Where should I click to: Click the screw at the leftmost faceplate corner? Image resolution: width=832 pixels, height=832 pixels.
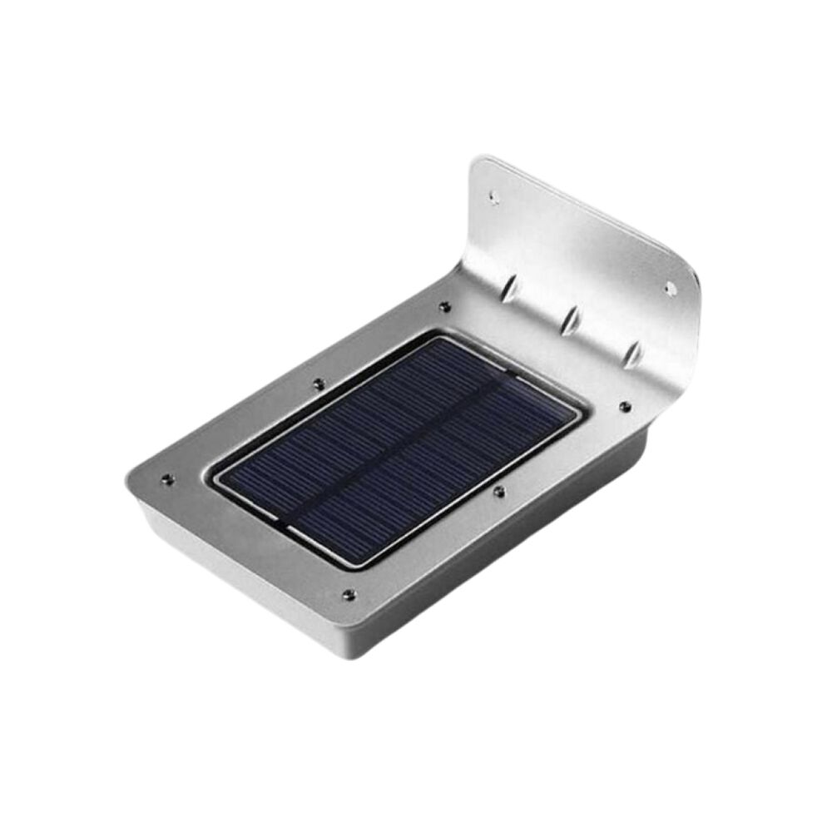166,479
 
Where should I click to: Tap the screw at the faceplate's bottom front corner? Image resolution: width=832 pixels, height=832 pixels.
348,595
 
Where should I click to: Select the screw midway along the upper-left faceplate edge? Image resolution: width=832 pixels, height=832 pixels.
318,384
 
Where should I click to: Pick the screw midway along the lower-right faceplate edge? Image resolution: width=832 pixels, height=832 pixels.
498,492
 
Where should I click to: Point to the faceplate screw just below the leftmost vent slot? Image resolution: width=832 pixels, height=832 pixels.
445,307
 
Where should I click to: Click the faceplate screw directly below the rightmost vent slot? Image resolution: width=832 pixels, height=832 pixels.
624,406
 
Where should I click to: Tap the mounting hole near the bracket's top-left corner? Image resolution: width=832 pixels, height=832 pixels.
493,198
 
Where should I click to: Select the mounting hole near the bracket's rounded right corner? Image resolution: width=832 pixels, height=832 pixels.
669,288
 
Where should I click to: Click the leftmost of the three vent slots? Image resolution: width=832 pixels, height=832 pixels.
510,289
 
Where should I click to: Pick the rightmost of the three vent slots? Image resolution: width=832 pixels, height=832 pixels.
633,352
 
